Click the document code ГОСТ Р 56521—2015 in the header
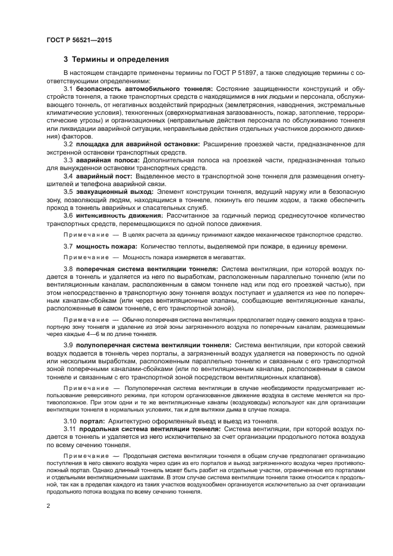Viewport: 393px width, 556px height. point(78,39)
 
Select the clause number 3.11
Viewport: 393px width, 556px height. point(70,429)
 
